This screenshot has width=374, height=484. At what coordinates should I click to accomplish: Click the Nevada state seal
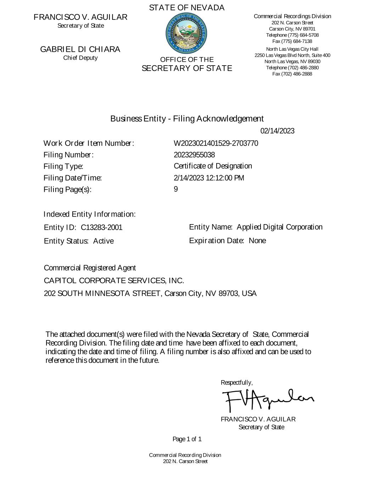pos(186,33)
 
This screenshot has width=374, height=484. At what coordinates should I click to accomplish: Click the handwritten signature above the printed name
pos(267,400)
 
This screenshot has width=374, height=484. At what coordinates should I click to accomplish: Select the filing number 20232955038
pos(194,155)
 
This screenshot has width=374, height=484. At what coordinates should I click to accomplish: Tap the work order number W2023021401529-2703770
pos(216,143)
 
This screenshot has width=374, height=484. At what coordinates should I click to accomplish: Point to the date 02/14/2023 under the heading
pos(277,131)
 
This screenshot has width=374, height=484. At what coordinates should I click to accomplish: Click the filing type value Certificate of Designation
pos(213,166)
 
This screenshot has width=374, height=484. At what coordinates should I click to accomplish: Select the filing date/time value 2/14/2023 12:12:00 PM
pos(209,178)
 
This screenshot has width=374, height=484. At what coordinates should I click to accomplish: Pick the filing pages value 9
pos(176,189)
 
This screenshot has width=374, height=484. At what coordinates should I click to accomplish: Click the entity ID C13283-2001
pos(101,227)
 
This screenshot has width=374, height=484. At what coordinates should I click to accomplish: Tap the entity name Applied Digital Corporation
pos(279,227)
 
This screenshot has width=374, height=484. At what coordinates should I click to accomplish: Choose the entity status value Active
pos(104,241)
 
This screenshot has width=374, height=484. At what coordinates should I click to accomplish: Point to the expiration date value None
pos(257,241)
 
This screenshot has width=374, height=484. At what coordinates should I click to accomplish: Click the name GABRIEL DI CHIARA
pos(80,49)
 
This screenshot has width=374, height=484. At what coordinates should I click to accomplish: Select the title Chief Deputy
pos(80,58)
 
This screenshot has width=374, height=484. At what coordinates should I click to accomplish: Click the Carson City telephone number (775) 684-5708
pos(302,35)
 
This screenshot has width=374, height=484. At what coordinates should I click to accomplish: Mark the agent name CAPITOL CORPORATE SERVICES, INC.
pos(114,281)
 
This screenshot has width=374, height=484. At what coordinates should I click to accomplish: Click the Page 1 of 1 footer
pos(187,439)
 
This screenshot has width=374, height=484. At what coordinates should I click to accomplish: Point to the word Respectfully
pos(236,383)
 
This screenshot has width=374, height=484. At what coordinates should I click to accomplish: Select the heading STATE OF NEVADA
pos(186,8)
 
